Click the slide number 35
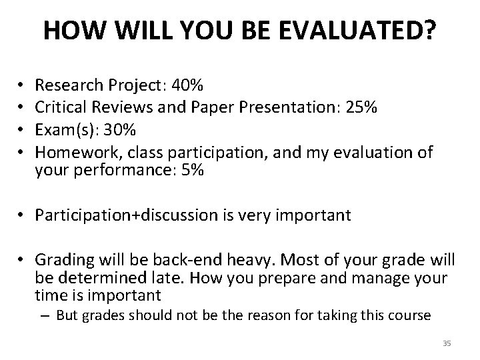447,343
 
